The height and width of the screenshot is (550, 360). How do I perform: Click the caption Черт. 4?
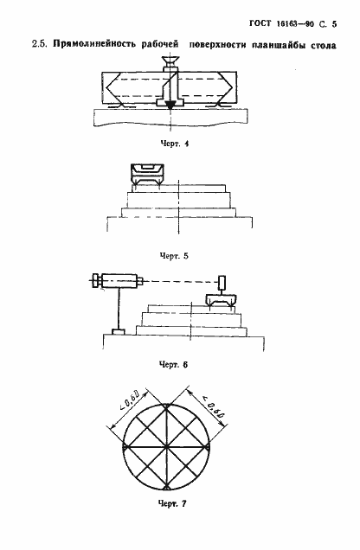tap(174, 144)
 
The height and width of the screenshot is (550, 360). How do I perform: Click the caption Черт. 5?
tap(174, 256)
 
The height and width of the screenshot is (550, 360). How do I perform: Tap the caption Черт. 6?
tap(174, 365)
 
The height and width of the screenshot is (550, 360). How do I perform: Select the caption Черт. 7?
tap(172, 504)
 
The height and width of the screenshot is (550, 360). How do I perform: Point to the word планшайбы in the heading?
tap(279, 45)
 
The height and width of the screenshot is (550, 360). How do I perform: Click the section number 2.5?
tap(40, 45)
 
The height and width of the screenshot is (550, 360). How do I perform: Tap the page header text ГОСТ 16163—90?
tap(282, 24)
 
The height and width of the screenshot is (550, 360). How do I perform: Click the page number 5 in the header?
tap(334, 24)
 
